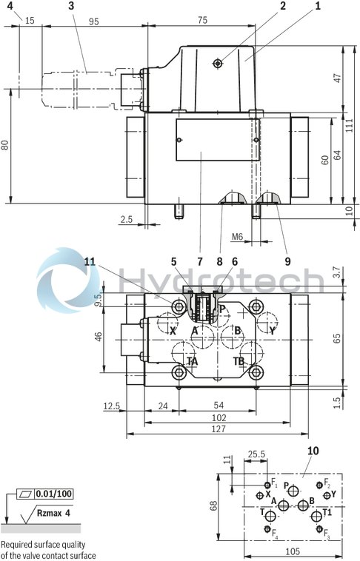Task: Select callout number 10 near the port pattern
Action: point(311,450)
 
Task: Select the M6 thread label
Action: point(237,237)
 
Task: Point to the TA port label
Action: point(193,361)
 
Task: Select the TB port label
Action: point(239,361)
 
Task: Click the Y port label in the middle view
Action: point(272,332)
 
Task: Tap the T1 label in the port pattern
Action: point(327,511)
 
